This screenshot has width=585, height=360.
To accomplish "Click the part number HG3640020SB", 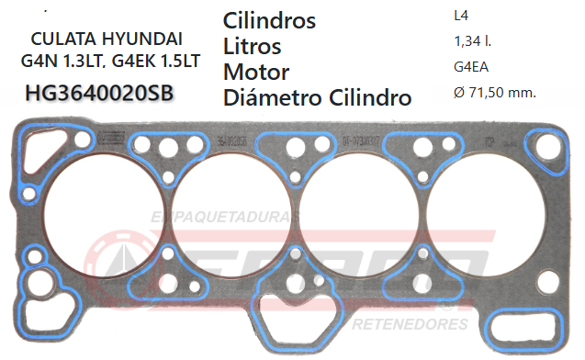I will click(x=100, y=93).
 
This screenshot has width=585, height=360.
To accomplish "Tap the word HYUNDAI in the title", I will click(x=149, y=39).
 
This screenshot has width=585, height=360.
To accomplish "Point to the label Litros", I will click(x=252, y=46).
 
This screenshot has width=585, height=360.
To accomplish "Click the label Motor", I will click(x=256, y=72).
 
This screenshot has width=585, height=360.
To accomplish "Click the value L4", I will click(x=461, y=16).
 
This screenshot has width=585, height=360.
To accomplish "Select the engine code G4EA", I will click(x=471, y=66).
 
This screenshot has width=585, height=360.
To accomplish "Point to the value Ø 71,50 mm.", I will click(x=495, y=92).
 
